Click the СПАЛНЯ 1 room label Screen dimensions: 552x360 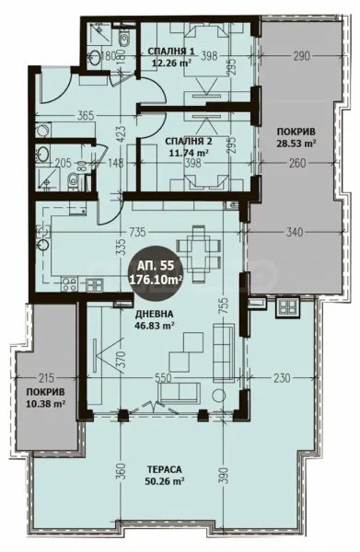pyautogui.click(x=171, y=52)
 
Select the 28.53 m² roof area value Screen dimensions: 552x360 pyautogui.click(x=296, y=144)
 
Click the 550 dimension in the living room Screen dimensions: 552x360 pyautogui.click(x=164, y=378)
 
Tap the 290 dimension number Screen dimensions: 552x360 pyautogui.click(x=294, y=56)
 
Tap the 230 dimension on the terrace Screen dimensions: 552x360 pyautogui.click(x=281, y=378)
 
